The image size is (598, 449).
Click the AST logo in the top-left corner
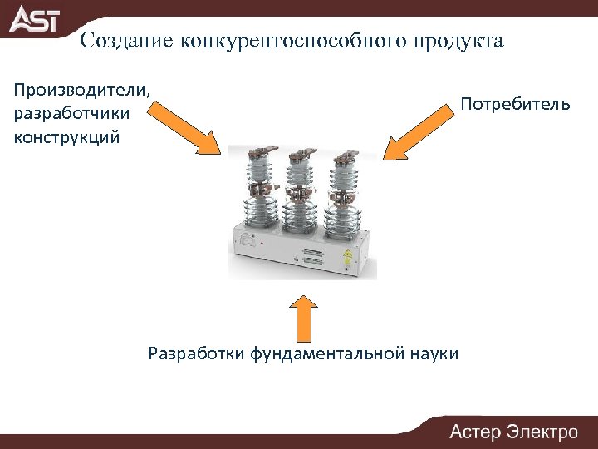coord(35,18)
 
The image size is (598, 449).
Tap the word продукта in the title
coord(463,42)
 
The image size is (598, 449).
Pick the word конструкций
coord(67,136)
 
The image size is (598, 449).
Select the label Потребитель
coord(516,105)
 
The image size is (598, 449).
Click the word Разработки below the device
coord(195,353)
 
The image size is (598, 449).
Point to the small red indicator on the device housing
coord(261,243)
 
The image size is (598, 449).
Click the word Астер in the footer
coord(476,432)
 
